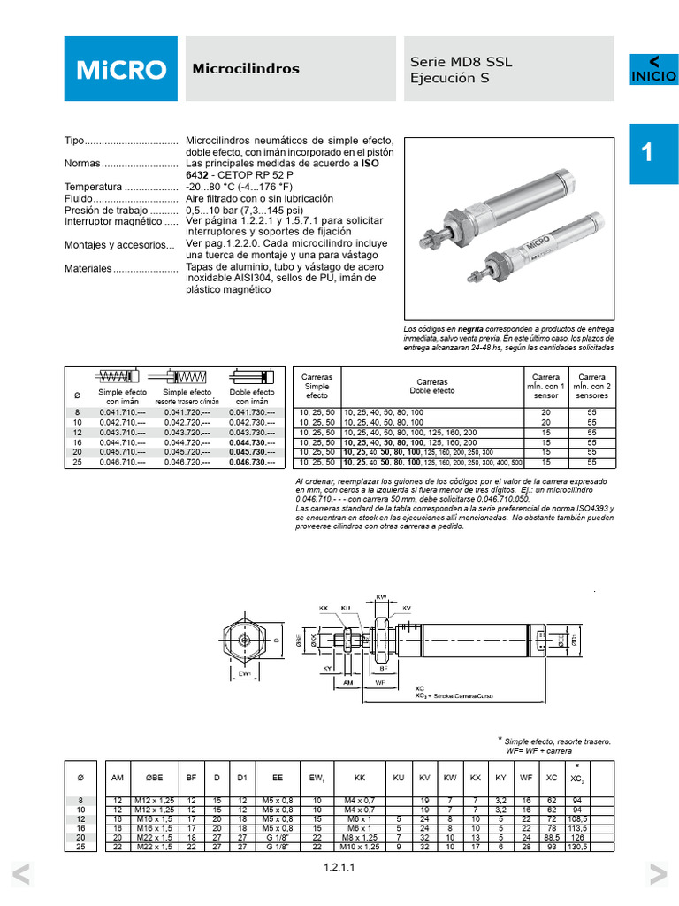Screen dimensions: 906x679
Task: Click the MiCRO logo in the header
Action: (x=119, y=69)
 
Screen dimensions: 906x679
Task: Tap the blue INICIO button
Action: (x=653, y=70)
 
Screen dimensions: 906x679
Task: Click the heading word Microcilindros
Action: (x=246, y=69)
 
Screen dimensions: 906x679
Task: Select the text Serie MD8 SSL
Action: (x=461, y=62)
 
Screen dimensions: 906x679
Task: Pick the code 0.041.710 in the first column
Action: (x=122, y=413)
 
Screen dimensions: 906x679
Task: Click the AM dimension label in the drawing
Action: (x=347, y=683)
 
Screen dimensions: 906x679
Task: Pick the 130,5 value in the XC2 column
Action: (x=577, y=847)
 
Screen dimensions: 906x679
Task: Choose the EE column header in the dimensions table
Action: (x=277, y=778)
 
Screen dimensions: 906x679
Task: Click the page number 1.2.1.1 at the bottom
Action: (x=339, y=868)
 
